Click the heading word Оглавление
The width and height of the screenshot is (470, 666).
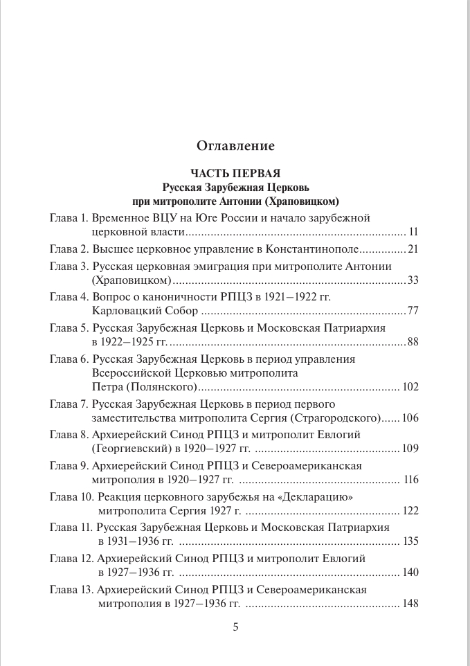tap(235, 146)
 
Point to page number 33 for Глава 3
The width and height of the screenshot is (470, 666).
tap(413, 281)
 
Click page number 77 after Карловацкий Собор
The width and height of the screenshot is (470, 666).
tap(413, 312)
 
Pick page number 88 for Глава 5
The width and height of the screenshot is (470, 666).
tap(413, 343)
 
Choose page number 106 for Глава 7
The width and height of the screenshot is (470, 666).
tap(411, 419)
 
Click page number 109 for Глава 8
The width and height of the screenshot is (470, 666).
tap(411, 450)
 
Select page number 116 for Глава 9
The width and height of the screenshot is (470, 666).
tap(411, 481)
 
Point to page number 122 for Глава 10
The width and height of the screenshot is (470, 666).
tap(411, 512)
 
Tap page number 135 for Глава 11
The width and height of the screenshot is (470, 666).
tap(411, 543)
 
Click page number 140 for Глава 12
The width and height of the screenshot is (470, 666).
tap(411, 575)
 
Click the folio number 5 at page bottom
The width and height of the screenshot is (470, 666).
tap(235, 628)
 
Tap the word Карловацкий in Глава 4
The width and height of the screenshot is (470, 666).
tap(120, 312)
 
